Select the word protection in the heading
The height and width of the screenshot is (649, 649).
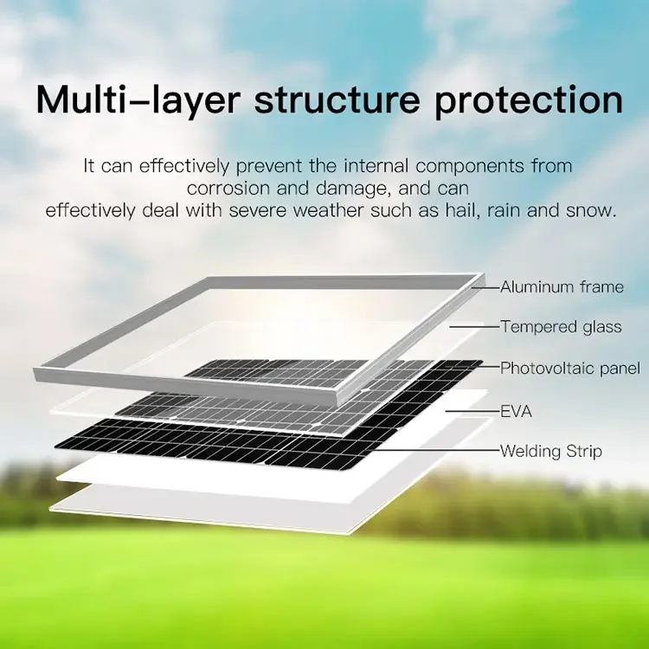coord(528,101)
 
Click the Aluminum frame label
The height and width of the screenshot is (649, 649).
coord(562,287)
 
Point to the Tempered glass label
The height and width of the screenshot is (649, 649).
coord(561,327)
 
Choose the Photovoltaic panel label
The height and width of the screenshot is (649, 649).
coord(570,369)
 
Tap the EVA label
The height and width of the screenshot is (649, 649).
coord(516,411)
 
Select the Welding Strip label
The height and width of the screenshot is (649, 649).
coord(550,452)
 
